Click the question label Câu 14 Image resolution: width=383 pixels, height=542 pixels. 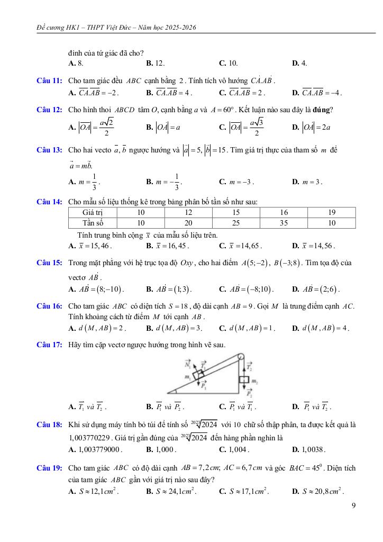tap(50, 202)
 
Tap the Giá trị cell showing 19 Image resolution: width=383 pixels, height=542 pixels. tap(332, 212)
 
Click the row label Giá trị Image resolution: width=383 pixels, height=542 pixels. tap(93, 212)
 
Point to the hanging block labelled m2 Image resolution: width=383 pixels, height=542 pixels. tap(244, 381)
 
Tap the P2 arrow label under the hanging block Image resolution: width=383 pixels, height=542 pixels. tap(249, 395)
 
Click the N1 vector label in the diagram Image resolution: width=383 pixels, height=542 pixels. tap(187, 365)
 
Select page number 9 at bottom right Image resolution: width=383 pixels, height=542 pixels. tap(353, 505)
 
